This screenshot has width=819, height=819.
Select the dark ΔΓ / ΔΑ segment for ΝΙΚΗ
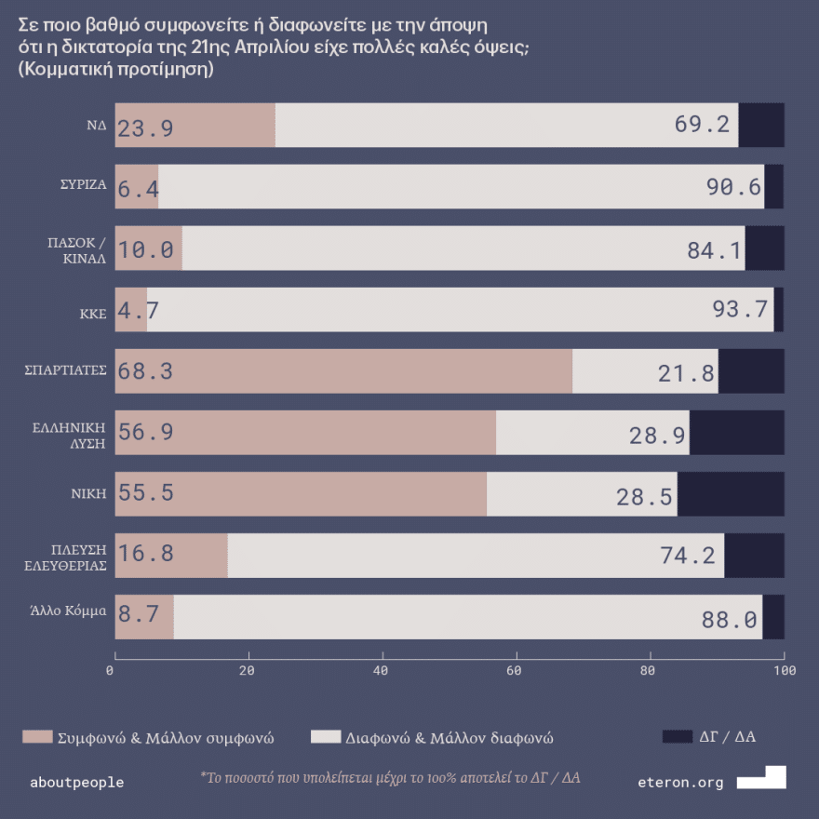click(731, 494)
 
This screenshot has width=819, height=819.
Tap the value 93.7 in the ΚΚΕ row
click(740, 310)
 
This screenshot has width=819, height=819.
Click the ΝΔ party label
click(97, 125)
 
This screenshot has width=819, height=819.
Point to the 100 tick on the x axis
click(785, 670)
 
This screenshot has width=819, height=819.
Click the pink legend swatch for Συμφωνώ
click(35, 737)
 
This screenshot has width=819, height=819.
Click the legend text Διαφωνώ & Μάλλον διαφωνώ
click(450, 738)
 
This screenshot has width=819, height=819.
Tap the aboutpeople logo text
click(77, 783)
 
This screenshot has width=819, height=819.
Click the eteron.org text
click(680, 783)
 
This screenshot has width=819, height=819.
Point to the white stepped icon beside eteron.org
click(762, 778)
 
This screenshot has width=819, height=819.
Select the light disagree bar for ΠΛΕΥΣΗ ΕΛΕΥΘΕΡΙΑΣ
click(475, 556)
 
